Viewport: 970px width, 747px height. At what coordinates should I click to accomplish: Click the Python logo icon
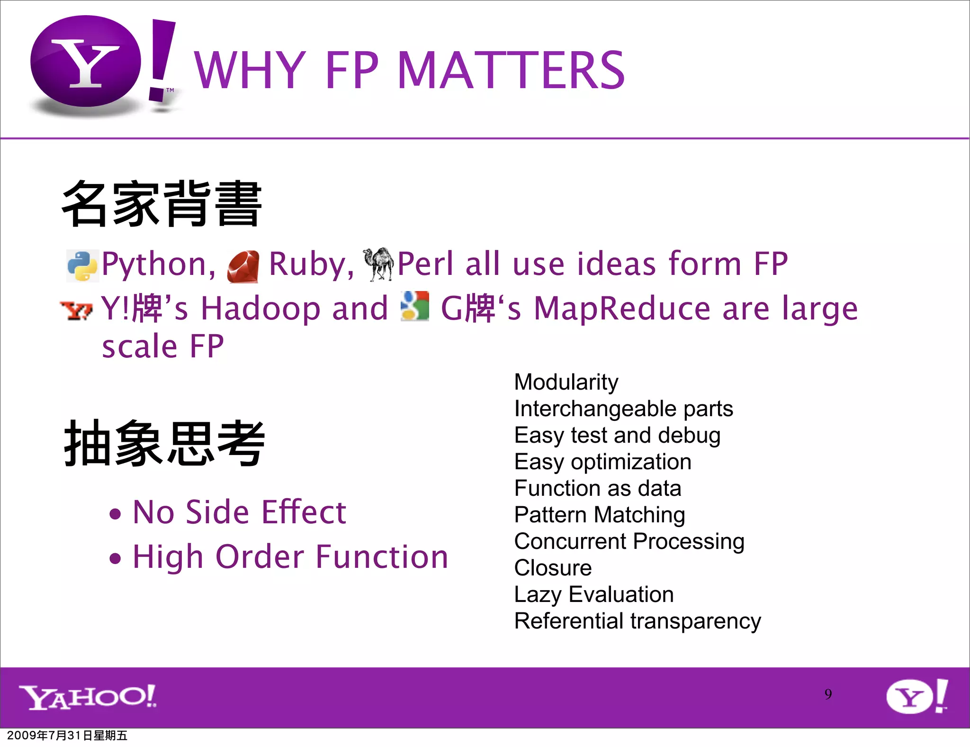point(82,265)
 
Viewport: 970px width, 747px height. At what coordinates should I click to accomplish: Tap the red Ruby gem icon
point(243,266)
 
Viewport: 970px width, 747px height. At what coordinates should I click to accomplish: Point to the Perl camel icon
point(378,264)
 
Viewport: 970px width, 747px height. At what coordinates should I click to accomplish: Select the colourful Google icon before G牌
point(414,306)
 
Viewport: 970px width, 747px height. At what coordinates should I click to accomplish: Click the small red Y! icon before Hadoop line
point(76,310)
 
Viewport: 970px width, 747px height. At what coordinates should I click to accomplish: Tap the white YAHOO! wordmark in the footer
point(88,697)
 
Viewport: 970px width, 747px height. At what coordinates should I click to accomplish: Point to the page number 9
point(828,694)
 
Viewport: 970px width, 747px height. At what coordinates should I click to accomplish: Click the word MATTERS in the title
point(511,71)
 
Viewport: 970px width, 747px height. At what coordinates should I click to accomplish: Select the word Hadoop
point(294,308)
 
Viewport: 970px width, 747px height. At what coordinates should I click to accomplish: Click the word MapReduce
point(622,308)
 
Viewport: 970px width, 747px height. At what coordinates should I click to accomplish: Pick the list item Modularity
point(566,382)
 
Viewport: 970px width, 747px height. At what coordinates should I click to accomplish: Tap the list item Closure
point(553,568)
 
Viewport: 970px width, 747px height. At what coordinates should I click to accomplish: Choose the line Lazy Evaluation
point(593,594)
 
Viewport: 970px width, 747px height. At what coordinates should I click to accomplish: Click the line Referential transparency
point(638,621)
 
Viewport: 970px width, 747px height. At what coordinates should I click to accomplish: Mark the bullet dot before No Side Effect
point(115,514)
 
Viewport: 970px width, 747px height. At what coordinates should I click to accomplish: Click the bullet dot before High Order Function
point(115,558)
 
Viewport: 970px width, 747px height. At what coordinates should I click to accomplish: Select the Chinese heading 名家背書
point(162,204)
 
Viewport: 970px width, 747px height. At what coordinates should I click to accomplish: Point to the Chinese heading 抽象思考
point(164,443)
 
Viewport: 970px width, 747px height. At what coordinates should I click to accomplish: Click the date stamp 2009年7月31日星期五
point(67,735)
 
